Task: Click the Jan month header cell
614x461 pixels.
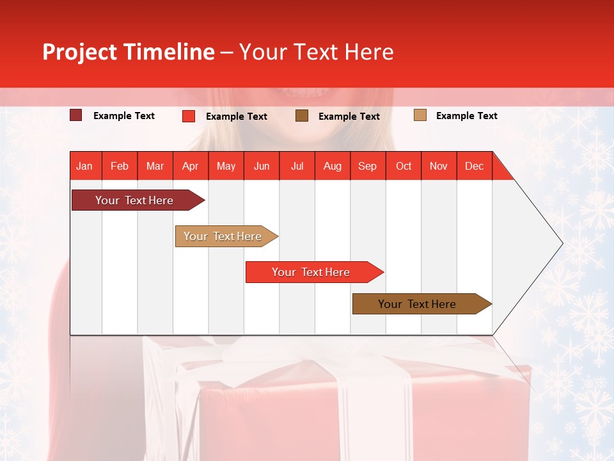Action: (x=85, y=166)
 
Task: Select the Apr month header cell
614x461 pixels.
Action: (x=191, y=166)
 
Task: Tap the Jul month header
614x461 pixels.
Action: (x=297, y=166)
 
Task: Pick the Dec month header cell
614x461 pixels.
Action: (x=474, y=166)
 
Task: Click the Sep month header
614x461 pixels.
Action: (x=368, y=166)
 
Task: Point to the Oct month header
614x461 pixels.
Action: (x=404, y=166)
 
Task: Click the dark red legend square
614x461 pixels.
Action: (x=76, y=115)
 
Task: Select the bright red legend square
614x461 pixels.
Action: (x=189, y=116)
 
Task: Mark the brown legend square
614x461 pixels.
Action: (x=302, y=116)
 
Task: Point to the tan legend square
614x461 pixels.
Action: (x=420, y=115)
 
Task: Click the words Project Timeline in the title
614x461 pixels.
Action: (x=128, y=52)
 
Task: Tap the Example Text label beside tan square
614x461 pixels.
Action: (x=466, y=116)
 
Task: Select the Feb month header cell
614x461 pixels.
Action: (x=120, y=166)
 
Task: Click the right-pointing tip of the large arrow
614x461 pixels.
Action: (x=562, y=243)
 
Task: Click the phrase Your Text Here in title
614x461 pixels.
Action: (x=316, y=52)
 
